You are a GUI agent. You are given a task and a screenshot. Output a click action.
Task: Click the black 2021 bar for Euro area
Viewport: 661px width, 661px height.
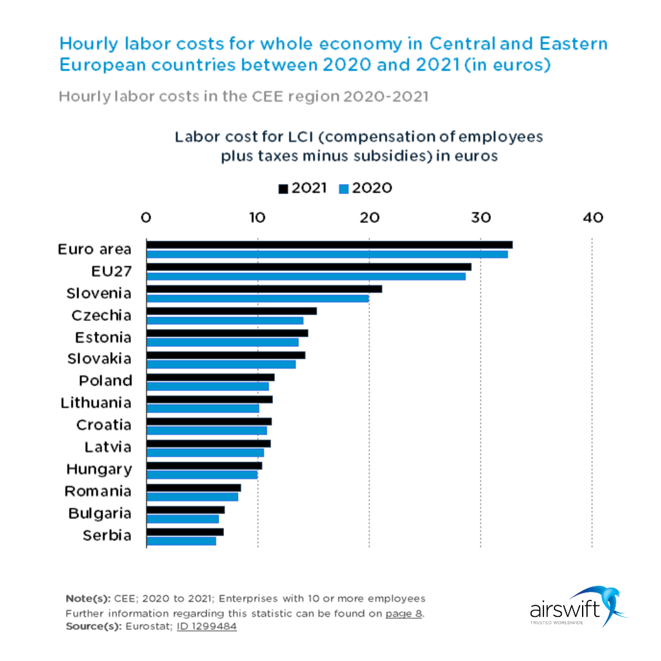pos(329,245)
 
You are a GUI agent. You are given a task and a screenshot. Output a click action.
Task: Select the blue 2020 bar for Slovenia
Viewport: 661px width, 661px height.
pos(258,298)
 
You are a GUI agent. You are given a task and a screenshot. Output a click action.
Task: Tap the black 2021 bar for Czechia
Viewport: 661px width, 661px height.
pos(231,311)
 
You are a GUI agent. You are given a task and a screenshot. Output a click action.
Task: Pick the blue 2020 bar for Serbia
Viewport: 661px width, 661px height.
pos(181,541)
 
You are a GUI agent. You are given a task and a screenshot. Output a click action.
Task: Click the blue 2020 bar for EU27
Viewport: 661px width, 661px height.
pos(306,276)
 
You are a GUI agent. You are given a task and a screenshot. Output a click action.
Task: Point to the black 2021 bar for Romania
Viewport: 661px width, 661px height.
pos(193,488)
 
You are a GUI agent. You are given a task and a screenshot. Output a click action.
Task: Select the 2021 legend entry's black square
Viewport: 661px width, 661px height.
pos(283,189)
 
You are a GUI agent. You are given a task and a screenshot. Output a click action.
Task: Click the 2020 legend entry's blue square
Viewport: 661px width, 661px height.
pos(343,189)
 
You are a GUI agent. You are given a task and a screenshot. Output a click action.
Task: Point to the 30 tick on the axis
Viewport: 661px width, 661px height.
pos(480,217)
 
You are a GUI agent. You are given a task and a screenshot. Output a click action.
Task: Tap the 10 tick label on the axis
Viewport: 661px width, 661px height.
pos(257,217)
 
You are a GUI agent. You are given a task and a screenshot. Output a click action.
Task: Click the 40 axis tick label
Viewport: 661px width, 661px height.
pos(592,217)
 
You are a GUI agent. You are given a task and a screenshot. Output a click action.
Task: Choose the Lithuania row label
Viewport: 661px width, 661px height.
pos(96,403)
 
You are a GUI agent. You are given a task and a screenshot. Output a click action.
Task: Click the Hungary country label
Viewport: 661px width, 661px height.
pos(99,469)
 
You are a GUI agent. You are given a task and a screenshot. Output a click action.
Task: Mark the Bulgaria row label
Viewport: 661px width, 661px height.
pos(100,513)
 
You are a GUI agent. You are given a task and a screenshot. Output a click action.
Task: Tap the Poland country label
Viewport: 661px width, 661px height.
pos(105,381)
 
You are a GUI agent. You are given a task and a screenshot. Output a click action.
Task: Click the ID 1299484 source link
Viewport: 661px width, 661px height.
pos(206,626)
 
